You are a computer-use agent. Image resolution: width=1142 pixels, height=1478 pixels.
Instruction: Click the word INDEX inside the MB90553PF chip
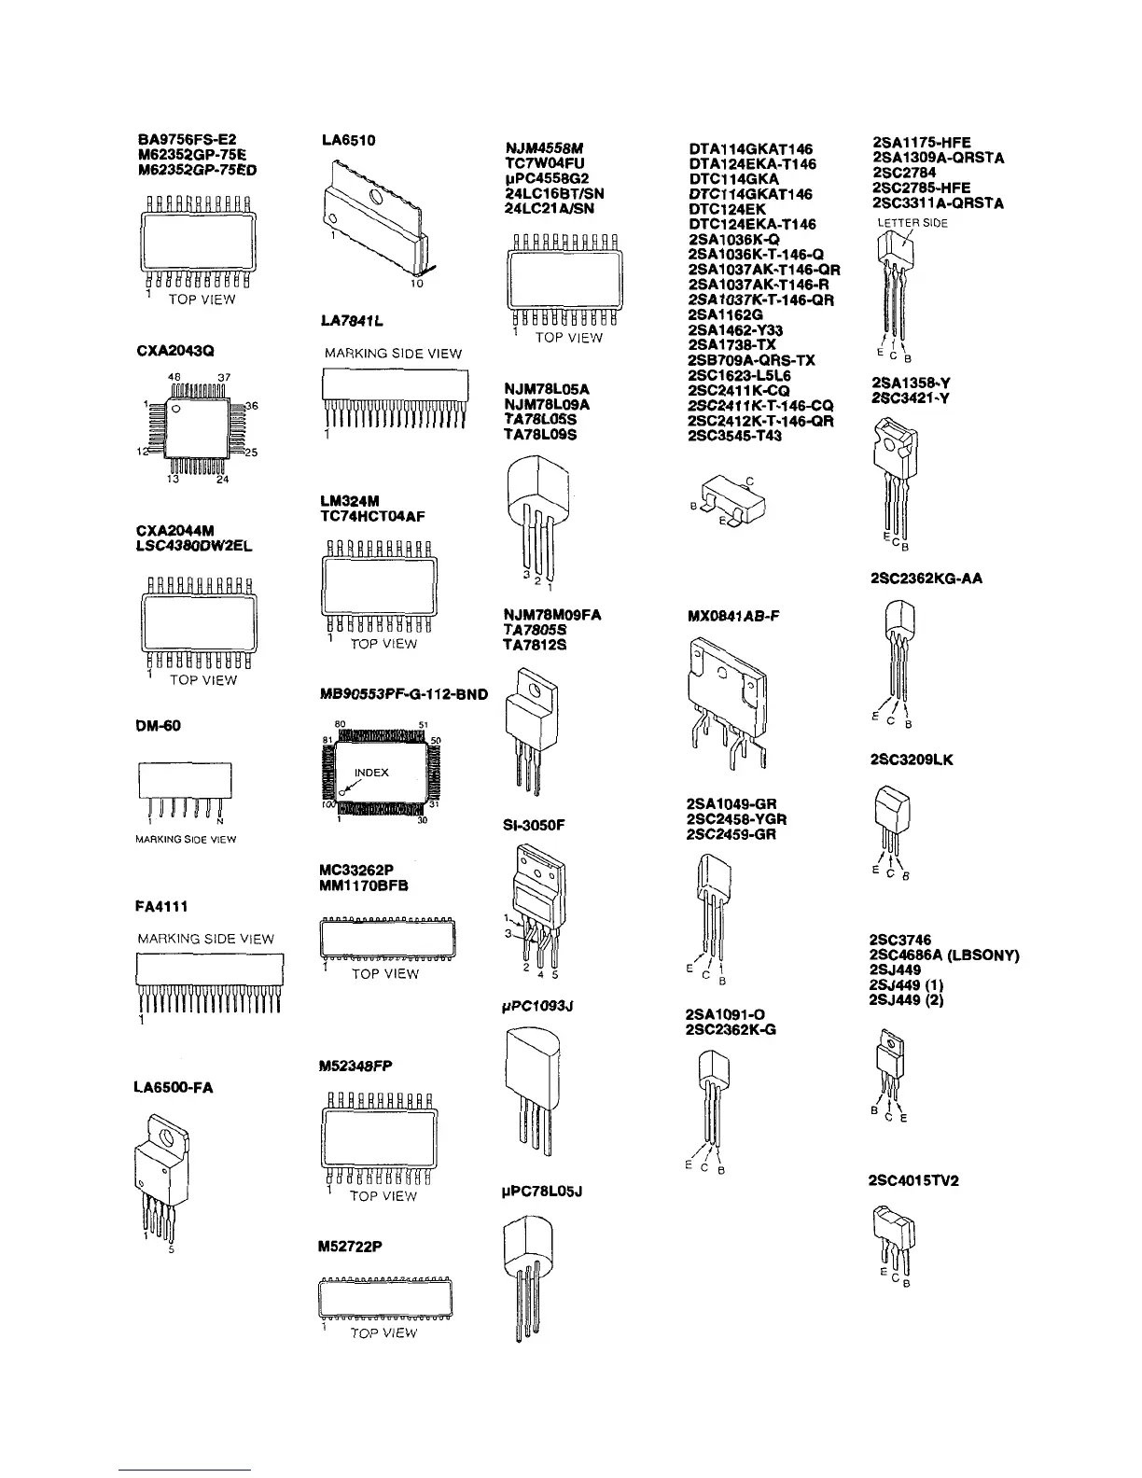tap(371, 773)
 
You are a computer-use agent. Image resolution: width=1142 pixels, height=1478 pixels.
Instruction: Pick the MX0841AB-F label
tap(733, 616)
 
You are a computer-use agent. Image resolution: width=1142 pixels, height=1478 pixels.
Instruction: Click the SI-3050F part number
tap(534, 825)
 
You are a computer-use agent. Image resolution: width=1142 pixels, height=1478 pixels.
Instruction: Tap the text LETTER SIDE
tap(912, 224)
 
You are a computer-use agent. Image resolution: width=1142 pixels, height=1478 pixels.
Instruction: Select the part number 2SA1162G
tap(725, 314)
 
